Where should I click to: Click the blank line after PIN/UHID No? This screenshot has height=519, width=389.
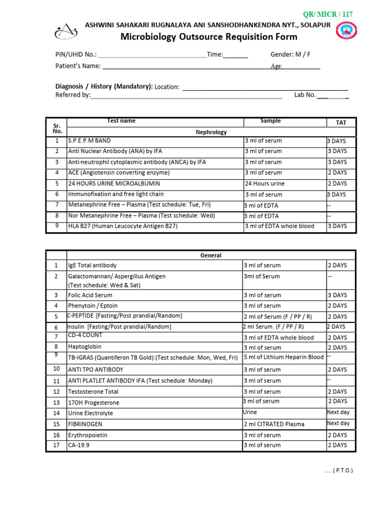pos(151,55)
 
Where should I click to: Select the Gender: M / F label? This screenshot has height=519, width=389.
pos(291,55)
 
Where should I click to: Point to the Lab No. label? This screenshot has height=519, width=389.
pos(305,95)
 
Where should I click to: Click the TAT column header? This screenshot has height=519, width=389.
pos(341,123)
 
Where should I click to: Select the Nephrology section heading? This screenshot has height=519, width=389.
pos(211,132)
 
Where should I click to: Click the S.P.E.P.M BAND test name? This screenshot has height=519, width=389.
pos(89,140)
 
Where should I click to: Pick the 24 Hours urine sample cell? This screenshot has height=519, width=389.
pos(265,183)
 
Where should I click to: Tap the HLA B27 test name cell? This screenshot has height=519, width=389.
pos(123,226)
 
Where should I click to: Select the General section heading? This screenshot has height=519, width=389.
pos(211,255)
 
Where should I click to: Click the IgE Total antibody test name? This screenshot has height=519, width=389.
pos(92,265)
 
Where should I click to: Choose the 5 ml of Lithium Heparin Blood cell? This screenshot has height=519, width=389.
pos(284,357)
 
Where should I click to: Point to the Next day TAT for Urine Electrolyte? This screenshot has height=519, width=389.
pos(338,413)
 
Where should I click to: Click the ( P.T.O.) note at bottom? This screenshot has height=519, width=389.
pos(339,471)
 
